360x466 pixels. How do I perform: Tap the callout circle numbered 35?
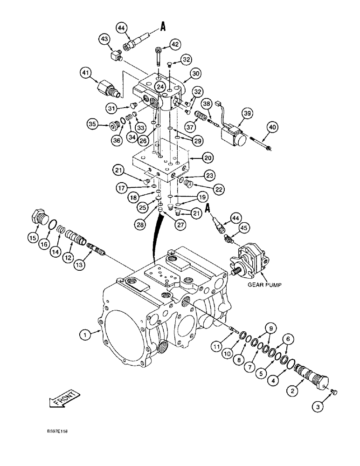93,124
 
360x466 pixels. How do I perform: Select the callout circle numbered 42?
175,45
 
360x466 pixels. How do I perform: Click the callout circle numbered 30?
195,73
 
